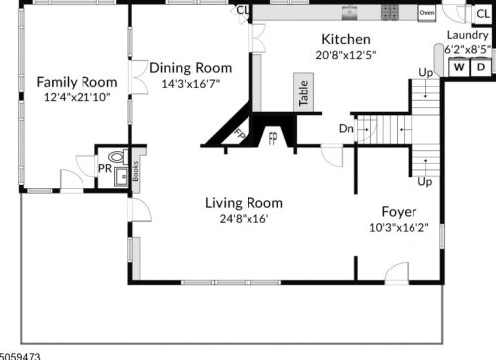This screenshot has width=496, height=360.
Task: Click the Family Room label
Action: click(x=77, y=81)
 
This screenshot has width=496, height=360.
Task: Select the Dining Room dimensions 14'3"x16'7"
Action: click(x=190, y=84)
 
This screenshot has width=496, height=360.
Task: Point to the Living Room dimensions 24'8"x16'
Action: click(x=238, y=219)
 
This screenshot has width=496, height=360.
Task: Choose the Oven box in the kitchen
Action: click(x=427, y=14)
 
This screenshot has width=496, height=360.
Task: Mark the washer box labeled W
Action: click(x=460, y=67)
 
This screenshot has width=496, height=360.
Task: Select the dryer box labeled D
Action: click(x=481, y=67)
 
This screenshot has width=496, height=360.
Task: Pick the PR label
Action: click(x=104, y=169)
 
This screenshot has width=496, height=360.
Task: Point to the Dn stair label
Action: click(x=345, y=128)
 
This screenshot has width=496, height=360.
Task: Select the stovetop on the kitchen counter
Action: click(x=389, y=13)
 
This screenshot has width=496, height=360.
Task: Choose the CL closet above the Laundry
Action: click(x=482, y=14)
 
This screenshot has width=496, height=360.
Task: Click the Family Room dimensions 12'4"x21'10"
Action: click(x=77, y=96)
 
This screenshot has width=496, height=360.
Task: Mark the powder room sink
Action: click(x=120, y=176)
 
